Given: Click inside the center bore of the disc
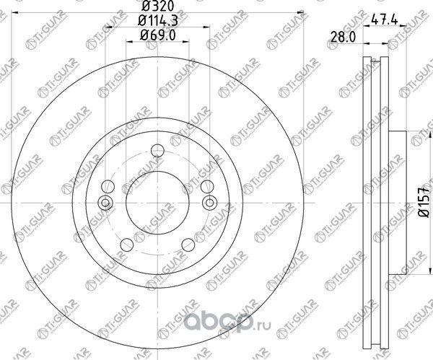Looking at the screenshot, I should tap(157, 202).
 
